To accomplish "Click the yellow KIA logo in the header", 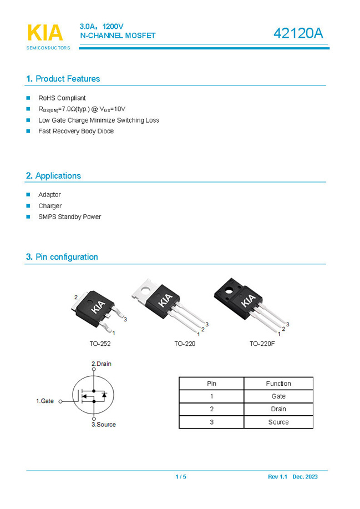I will click(x=45, y=33).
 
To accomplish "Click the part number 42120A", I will click(x=297, y=33).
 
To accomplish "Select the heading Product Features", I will click(x=67, y=79).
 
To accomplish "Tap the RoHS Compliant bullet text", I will click(x=62, y=98).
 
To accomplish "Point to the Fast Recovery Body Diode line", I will click(x=75, y=132).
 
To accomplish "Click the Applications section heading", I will click(x=58, y=176).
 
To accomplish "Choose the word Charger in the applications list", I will click(x=50, y=206).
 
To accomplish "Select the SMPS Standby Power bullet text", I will click(x=69, y=217).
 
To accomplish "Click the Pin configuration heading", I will click(x=66, y=257).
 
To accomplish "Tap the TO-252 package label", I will click(x=100, y=344).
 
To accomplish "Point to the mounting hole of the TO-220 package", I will click(x=147, y=289).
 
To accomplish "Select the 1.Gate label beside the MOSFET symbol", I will click(x=45, y=401).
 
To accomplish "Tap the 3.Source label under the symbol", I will click(x=104, y=425).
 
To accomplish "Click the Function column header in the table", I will click(x=278, y=384).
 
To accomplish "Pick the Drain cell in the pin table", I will click(x=278, y=409).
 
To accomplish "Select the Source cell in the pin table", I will click(x=278, y=422).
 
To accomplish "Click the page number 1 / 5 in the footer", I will click(x=181, y=477).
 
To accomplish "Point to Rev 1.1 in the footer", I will click(x=276, y=477).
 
